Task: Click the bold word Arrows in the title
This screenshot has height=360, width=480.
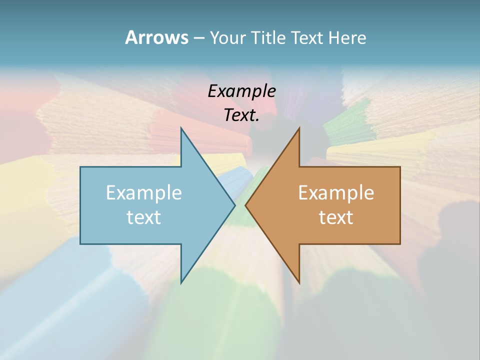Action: point(156,37)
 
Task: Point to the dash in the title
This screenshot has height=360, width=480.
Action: point(199,38)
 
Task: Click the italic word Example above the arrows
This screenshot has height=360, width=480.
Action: point(242,91)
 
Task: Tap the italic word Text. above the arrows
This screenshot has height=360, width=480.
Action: point(242,115)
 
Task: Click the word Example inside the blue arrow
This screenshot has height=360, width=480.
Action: point(144,192)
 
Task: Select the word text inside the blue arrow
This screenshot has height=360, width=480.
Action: point(144,217)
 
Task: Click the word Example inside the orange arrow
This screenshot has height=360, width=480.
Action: point(336,192)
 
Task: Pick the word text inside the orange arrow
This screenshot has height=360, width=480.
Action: point(336,217)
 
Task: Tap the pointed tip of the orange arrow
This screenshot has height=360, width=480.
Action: point(246,205)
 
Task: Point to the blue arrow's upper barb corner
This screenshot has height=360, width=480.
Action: point(181,129)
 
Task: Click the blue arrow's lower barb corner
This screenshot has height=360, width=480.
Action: point(181,282)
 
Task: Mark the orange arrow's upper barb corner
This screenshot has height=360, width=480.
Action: point(299,129)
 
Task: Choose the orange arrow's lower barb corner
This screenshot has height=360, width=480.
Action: point(299,282)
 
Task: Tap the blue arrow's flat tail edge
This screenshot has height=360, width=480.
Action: point(80,205)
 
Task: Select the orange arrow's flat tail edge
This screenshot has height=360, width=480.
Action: point(400,205)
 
